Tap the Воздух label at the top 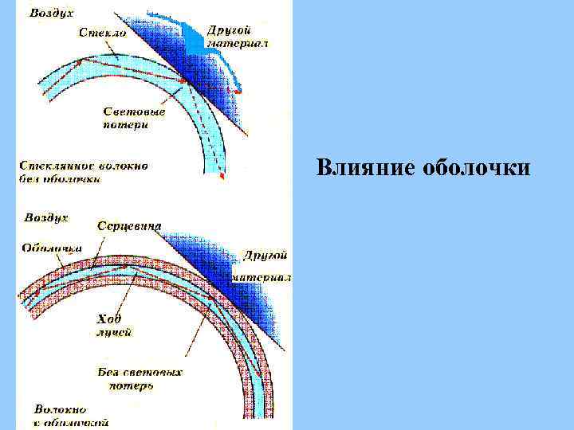[x=53, y=13]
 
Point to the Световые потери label [x=133, y=118]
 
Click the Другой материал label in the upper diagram [x=238, y=36]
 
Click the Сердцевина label [x=129, y=226]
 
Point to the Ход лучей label [x=113, y=326]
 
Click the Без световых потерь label [x=140, y=379]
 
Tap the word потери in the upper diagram [x=126, y=125]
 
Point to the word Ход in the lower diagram [x=109, y=319]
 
